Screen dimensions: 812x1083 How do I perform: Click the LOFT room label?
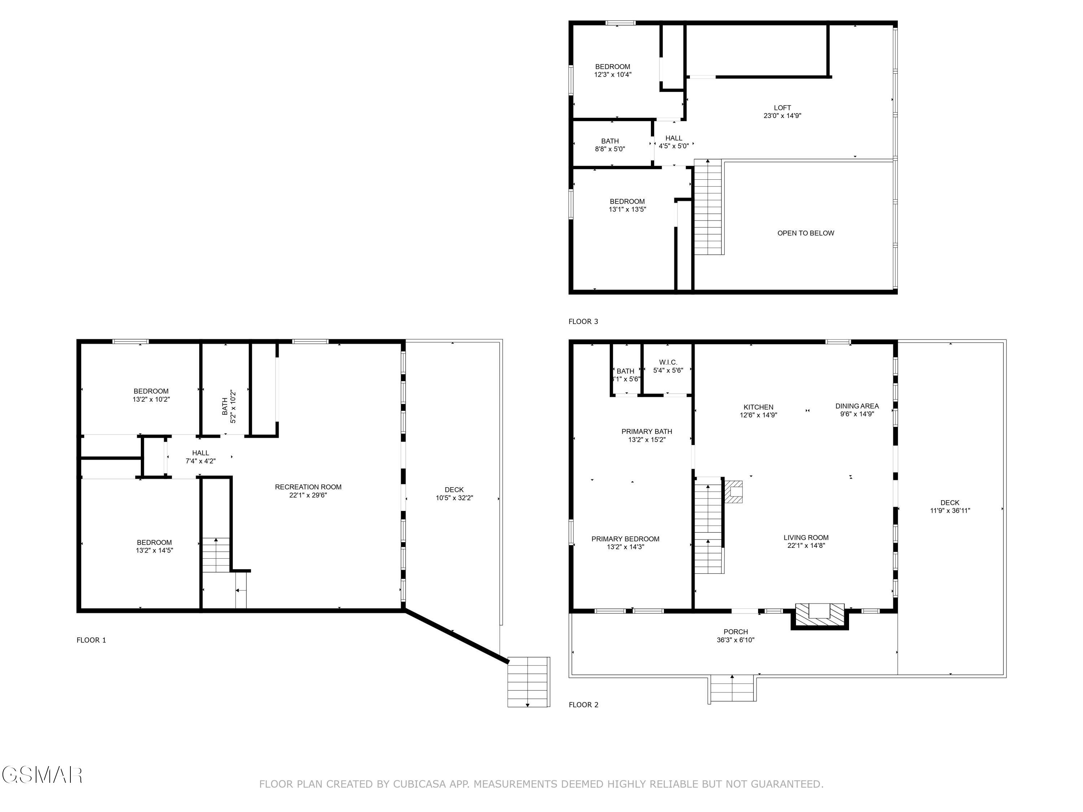click(782, 108)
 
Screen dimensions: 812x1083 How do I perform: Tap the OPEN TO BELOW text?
click(805, 233)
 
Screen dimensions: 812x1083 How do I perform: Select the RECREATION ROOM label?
click(308, 487)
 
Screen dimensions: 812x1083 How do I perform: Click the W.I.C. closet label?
click(668, 362)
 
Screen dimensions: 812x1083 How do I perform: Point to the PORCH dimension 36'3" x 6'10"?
click(735, 640)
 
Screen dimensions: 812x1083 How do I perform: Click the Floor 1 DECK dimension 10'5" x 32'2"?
click(454, 498)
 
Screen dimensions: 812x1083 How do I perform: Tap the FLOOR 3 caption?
click(583, 322)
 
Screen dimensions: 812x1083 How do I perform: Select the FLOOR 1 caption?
click(91, 640)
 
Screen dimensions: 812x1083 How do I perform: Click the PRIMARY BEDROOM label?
click(625, 539)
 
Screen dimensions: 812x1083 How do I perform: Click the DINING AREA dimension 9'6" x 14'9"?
click(857, 414)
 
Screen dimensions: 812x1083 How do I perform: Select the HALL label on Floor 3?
click(674, 138)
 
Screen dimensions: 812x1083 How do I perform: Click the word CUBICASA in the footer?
click(419, 784)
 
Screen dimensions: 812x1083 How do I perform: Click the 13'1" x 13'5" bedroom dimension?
click(627, 209)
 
